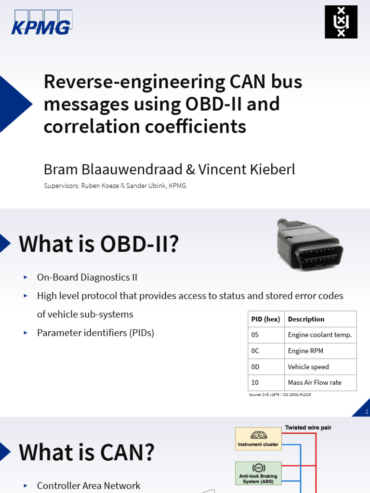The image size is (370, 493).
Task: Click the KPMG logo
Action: pos(41,22)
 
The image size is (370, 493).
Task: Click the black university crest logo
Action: pos(341,22)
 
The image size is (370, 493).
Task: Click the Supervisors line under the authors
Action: pos(115,186)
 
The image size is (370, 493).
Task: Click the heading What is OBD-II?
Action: pos(99,244)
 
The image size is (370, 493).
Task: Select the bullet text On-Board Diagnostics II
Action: pos(87,277)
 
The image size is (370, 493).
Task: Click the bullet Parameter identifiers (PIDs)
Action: pos(95,333)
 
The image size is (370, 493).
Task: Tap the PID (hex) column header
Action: pos(265,319)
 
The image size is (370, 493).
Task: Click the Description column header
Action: pos(306,319)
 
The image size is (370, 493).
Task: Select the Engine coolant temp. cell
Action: pos(320,335)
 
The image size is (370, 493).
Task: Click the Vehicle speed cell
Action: pos(308,367)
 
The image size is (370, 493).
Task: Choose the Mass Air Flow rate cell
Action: pos(315,383)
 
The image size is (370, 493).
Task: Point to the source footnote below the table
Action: pos(279,395)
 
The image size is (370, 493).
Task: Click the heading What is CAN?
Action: pos(87,452)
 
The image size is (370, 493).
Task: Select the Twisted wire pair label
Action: pos(308,428)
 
